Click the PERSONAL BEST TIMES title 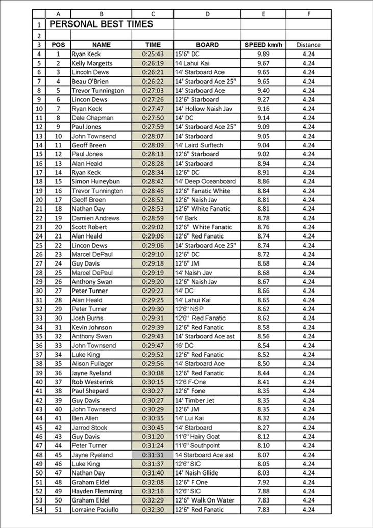click(102, 24)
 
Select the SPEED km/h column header click(263, 45)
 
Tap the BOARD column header click(207, 45)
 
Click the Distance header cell click(308, 45)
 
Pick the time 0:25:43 click(153, 54)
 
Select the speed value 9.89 click(263, 54)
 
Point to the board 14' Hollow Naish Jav click(204, 109)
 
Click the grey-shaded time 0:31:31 click(153, 455)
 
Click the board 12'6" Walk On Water click(205, 500)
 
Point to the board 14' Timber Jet click(196, 400)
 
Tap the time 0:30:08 click(153, 373)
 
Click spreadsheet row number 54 click(39, 510)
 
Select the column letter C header click(153, 14)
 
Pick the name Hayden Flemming click(97, 491)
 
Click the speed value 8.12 click(263, 437)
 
